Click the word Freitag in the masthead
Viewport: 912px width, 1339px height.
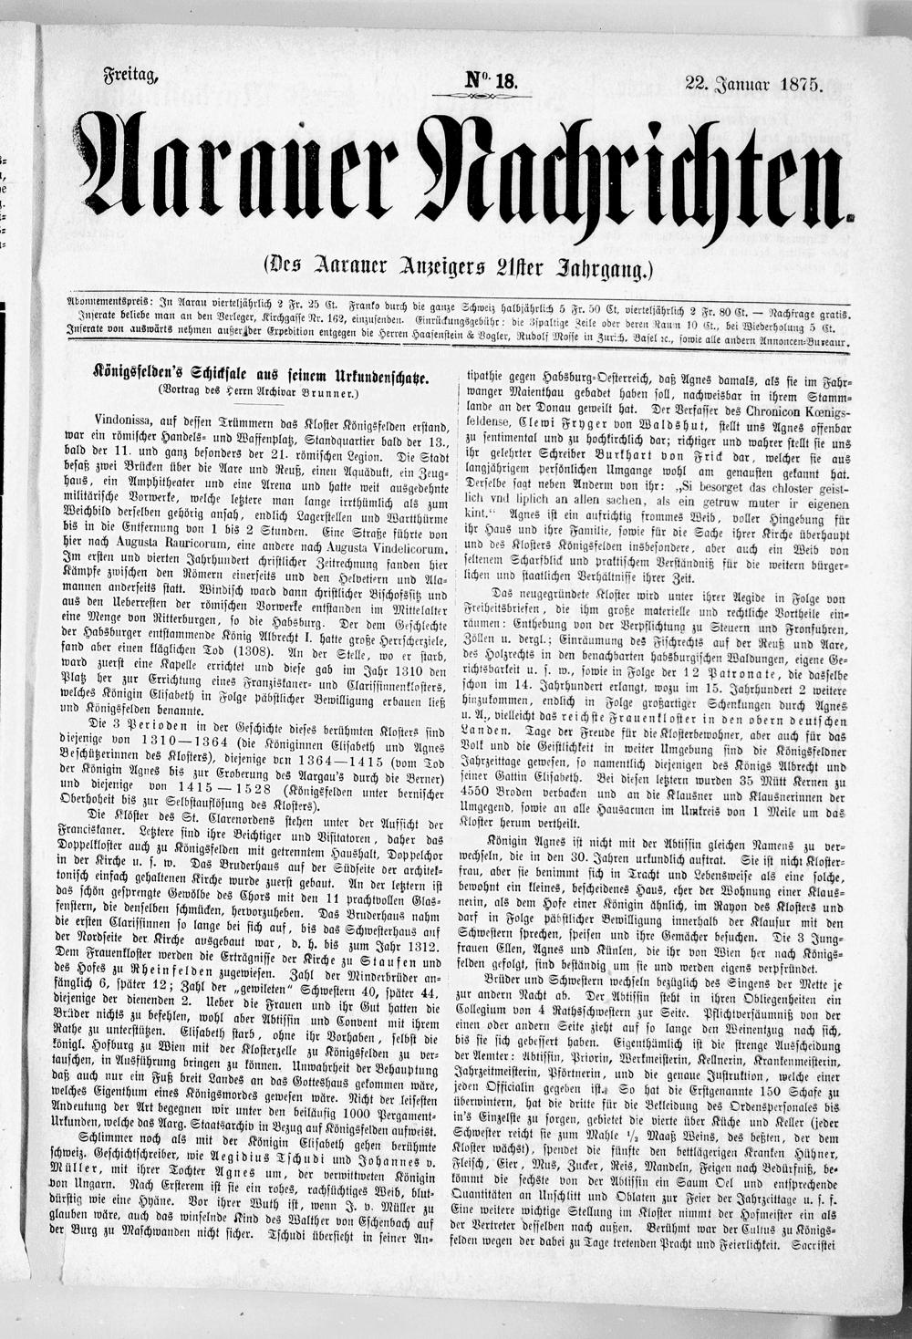click(131, 78)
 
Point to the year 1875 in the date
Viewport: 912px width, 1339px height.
click(799, 85)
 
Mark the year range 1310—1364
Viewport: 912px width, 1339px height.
click(179, 741)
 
